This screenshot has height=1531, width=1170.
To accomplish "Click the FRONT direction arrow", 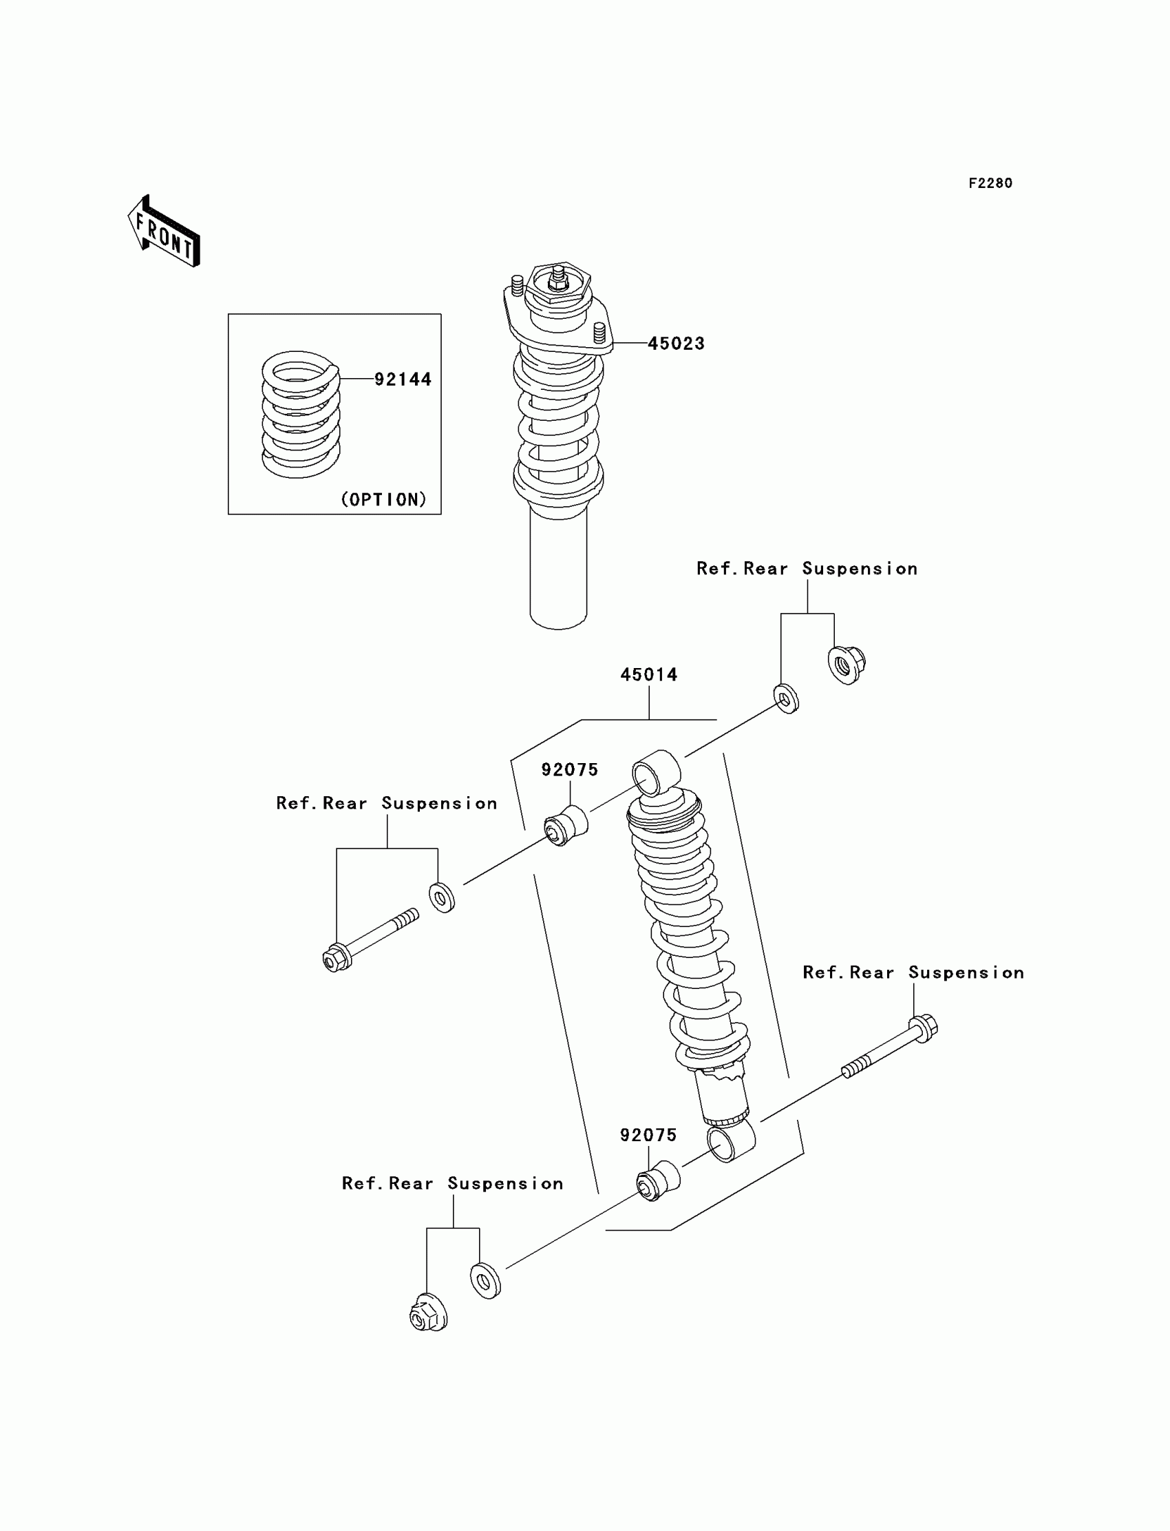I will [x=164, y=232].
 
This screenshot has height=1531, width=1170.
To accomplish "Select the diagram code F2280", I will [x=990, y=183].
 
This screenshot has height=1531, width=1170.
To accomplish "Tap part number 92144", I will [x=403, y=379].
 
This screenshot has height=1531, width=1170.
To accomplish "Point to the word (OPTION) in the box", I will [x=383, y=499].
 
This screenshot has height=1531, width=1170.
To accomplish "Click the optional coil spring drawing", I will [x=301, y=415].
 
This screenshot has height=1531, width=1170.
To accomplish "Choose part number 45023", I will [x=676, y=343].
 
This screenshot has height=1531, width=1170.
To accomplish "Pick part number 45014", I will [x=648, y=674].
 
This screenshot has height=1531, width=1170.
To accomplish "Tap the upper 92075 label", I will [x=570, y=769].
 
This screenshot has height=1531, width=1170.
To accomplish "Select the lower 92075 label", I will [x=648, y=1135].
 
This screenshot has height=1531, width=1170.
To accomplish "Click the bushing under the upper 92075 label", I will [x=566, y=825].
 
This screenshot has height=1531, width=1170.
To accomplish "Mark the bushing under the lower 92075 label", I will [x=658, y=1181].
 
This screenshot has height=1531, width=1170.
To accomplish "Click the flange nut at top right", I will [x=846, y=665].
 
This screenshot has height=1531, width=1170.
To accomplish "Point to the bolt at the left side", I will [x=369, y=941].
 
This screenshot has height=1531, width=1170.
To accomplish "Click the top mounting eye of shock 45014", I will [x=656, y=772].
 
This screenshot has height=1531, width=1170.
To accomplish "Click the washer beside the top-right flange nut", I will [x=786, y=698].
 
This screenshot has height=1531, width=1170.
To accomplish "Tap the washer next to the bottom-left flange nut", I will [x=485, y=1280].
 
